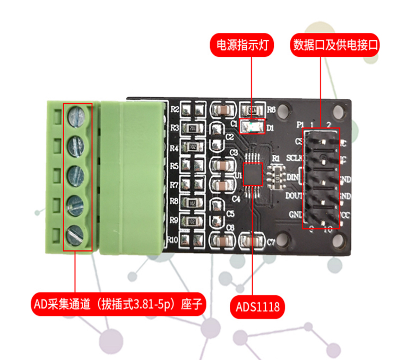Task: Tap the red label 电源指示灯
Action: point(242,45)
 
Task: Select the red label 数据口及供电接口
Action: point(336,45)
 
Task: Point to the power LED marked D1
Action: point(252,127)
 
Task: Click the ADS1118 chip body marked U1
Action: point(253,174)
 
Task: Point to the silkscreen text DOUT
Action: point(294,195)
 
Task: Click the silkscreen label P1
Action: point(299,125)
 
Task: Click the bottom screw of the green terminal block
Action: point(77,234)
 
